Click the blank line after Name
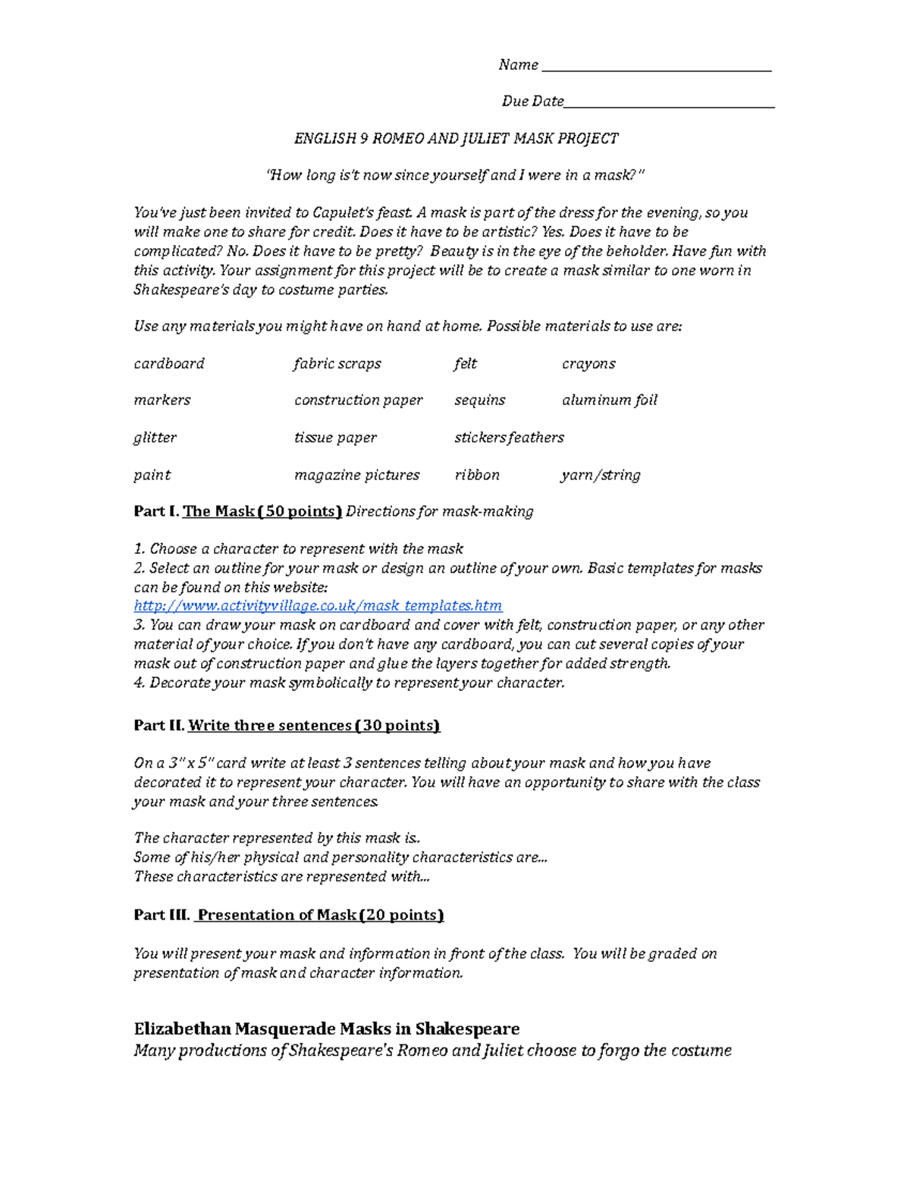[x=656, y=68]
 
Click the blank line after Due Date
[x=669, y=105]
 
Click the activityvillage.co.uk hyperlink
[x=318, y=605]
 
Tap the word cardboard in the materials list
[x=169, y=363]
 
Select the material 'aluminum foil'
[x=610, y=400]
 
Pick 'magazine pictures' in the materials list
[x=356, y=475]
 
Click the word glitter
[x=155, y=438]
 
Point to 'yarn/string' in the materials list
[x=601, y=475]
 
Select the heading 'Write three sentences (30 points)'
[x=314, y=725]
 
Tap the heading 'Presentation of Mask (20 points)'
[x=319, y=915]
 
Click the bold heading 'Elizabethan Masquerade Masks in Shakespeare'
[x=327, y=1029]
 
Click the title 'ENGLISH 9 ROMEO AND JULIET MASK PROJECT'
[x=456, y=138]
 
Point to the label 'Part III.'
[x=162, y=915]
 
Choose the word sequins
[x=479, y=400]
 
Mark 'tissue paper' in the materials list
[x=335, y=438]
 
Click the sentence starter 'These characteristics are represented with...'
[x=281, y=876]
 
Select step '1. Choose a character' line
[x=298, y=548]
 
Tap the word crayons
[x=588, y=363]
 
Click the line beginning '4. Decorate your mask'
[x=349, y=683]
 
